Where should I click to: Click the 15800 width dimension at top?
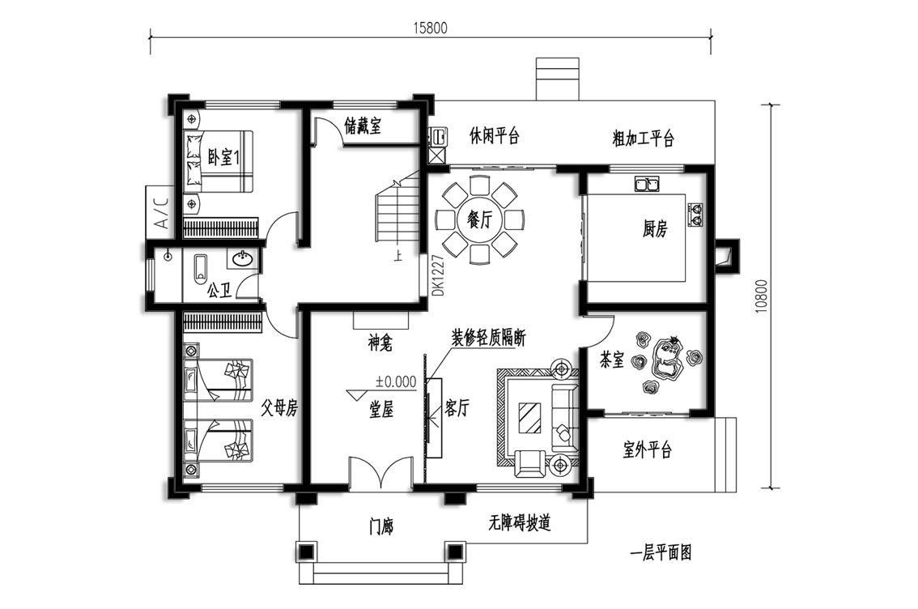[x=431, y=27]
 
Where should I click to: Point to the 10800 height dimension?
[x=761, y=295]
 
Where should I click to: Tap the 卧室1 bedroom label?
[x=224, y=157]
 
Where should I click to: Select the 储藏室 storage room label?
[x=363, y=125]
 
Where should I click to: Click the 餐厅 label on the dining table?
[x=479, y=220]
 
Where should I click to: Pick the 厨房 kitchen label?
[x=655, y=228]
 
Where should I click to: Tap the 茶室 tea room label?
[x=612, y=360]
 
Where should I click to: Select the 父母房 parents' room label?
[x=279, y=407]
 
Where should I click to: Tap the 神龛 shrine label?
[x=380, y=343]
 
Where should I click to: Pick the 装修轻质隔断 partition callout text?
[x=488, y=338]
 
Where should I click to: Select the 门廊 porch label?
[x=381, y=527]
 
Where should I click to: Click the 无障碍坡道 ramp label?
[x=520, y=522]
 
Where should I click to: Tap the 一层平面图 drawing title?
[x=661, y=552]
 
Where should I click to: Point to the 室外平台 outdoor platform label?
[x=647, y=449]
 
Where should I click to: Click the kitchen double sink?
[x=646, y=184]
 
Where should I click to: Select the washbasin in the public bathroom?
[x=243, y=258]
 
